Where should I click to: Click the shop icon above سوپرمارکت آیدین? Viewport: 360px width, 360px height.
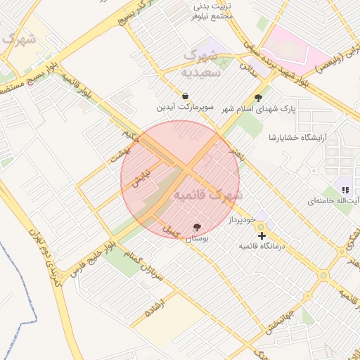click(184, 96)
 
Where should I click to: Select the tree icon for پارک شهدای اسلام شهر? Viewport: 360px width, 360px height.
click(258, 98)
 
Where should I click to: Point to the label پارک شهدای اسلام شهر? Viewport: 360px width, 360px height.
click(259, 110)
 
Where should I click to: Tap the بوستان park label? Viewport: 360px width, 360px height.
click(198, 238)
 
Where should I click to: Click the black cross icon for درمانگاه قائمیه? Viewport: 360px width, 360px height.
click(262, 236)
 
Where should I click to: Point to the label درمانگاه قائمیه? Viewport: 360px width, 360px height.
click(262, 247)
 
